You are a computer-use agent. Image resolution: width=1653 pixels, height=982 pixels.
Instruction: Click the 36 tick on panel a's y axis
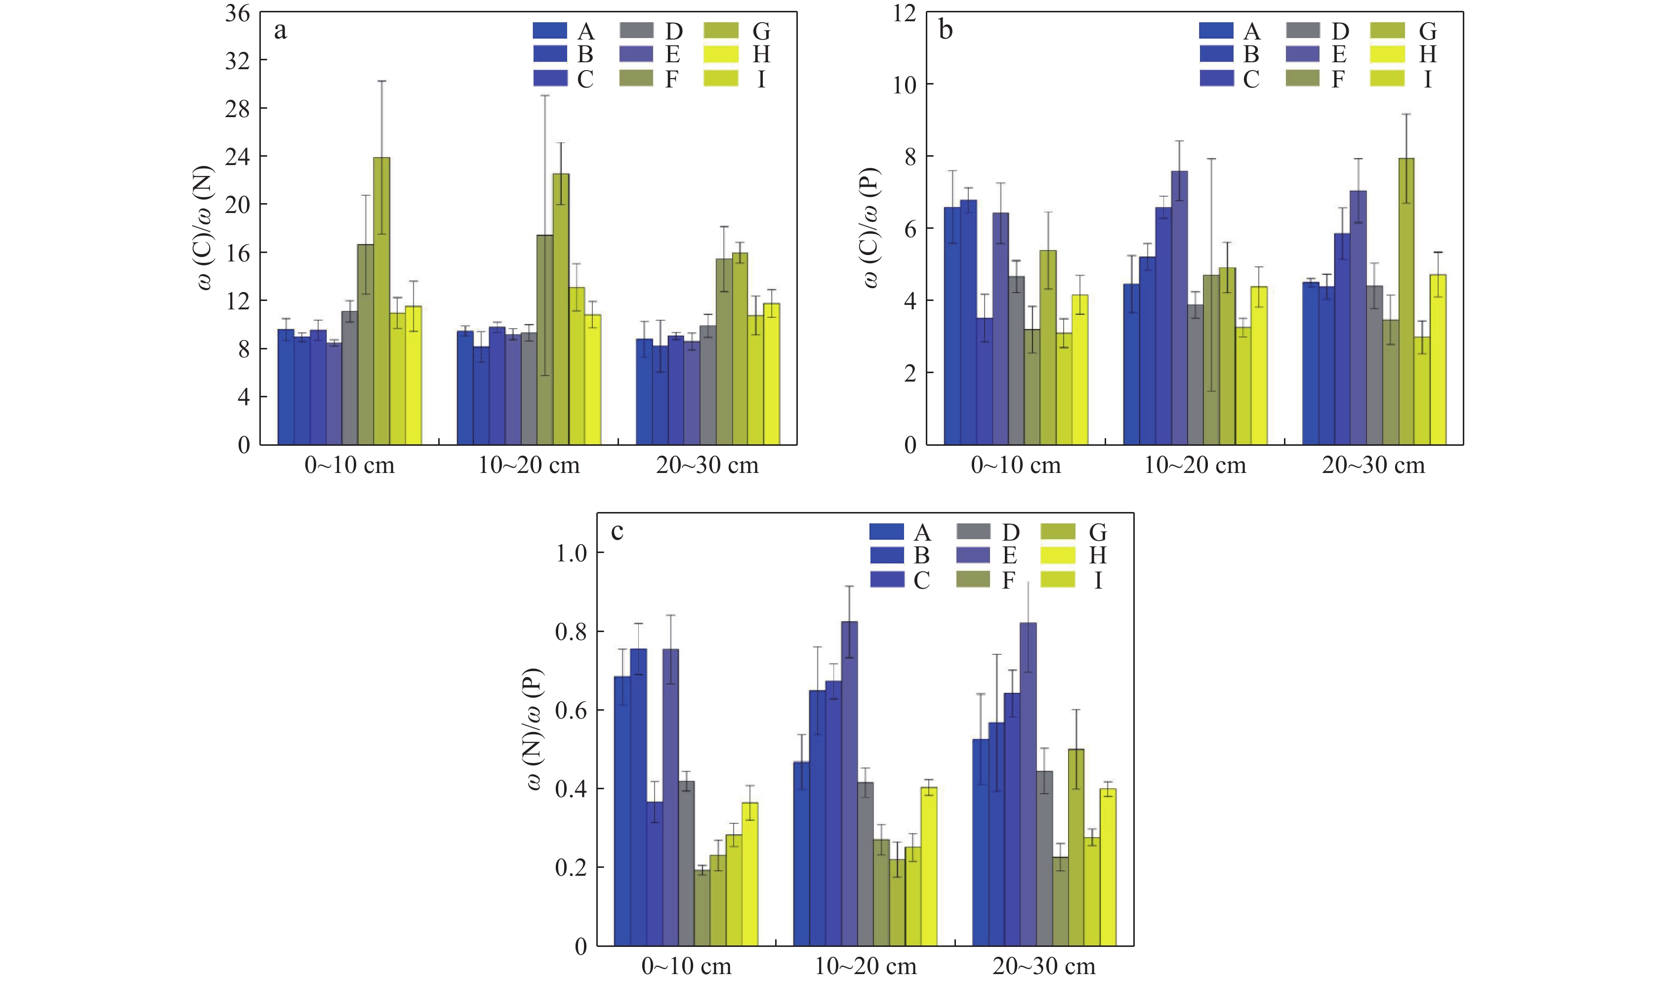tap(238, 13)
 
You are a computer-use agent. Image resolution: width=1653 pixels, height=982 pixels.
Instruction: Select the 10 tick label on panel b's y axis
tap(904, 85)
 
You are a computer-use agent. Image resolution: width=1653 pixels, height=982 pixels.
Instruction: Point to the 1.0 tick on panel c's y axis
tap(572, 553)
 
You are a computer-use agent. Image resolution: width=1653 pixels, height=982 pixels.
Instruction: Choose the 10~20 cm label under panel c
tap(865, 967)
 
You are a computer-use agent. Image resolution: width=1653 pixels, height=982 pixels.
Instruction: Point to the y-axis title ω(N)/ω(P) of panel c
tap(535, 729)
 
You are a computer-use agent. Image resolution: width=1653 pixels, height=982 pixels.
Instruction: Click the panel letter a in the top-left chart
tap(281, 31)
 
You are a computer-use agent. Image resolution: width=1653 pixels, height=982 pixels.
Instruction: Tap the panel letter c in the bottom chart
tap(617, 531)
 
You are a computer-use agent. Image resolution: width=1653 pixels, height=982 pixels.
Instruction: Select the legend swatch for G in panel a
tap(720, 31)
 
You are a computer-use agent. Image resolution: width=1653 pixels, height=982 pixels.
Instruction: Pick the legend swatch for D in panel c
tap(973, 531)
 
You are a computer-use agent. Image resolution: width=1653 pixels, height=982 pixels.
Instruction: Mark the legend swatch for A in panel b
tap(1216, 31)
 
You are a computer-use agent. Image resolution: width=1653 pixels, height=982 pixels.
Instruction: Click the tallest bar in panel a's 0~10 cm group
tap(382, 301)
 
